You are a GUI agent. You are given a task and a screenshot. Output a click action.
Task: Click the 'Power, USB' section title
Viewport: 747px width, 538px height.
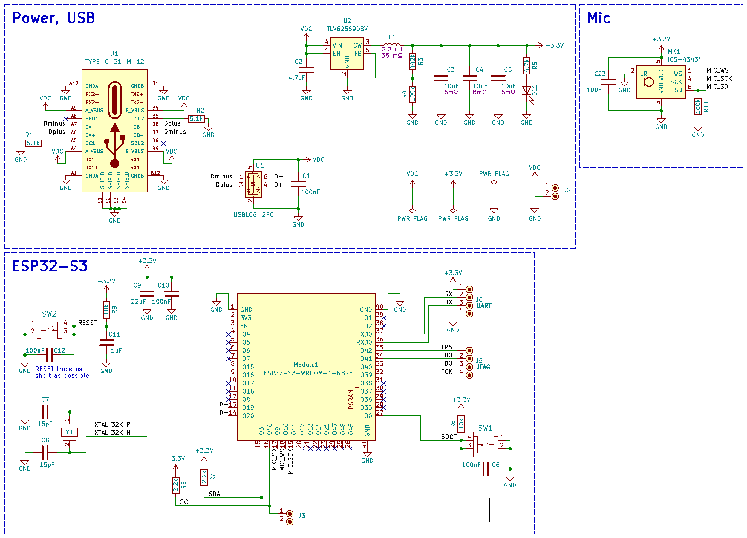pos(54,18)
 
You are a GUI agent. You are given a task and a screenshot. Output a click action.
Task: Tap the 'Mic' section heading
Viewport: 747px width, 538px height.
pos(598,18)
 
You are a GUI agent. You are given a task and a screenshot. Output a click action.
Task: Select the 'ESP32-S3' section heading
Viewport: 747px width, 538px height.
pos(50,266)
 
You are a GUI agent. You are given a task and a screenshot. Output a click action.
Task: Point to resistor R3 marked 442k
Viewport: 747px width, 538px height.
pos(412,62)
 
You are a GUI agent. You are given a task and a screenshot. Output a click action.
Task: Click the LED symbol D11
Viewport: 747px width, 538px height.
pos(527,91)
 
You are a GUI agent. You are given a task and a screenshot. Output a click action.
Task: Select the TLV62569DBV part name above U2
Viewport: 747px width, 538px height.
pos(347,29)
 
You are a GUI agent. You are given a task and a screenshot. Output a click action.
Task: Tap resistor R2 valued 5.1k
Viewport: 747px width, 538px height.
pos(196,119)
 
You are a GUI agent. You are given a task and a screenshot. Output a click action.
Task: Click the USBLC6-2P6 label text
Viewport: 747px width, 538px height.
pos(253,215)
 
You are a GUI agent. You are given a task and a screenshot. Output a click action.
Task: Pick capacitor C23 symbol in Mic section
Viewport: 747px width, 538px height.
pos(608,82)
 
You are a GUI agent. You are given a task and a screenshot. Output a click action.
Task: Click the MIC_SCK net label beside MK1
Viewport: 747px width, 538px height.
pos(719,78)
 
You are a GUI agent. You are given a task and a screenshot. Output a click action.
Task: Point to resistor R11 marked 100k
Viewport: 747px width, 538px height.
pos(698,106)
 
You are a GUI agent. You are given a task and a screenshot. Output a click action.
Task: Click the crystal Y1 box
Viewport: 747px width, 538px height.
pos(70,432)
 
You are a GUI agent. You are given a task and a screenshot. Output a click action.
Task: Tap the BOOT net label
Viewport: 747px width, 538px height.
pos(448,437)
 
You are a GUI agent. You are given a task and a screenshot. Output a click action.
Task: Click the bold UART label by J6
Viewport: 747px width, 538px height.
pos(484,306)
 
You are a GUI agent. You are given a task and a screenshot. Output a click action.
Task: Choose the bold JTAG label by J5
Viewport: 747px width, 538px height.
pos(483,367)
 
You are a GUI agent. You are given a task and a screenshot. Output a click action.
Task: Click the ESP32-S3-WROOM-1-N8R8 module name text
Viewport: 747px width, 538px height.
pos(308,373)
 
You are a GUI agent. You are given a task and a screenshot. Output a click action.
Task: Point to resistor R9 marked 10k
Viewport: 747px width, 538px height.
pos(106,310)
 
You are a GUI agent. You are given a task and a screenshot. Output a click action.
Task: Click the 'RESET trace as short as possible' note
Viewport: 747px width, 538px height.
pos(62,372)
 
